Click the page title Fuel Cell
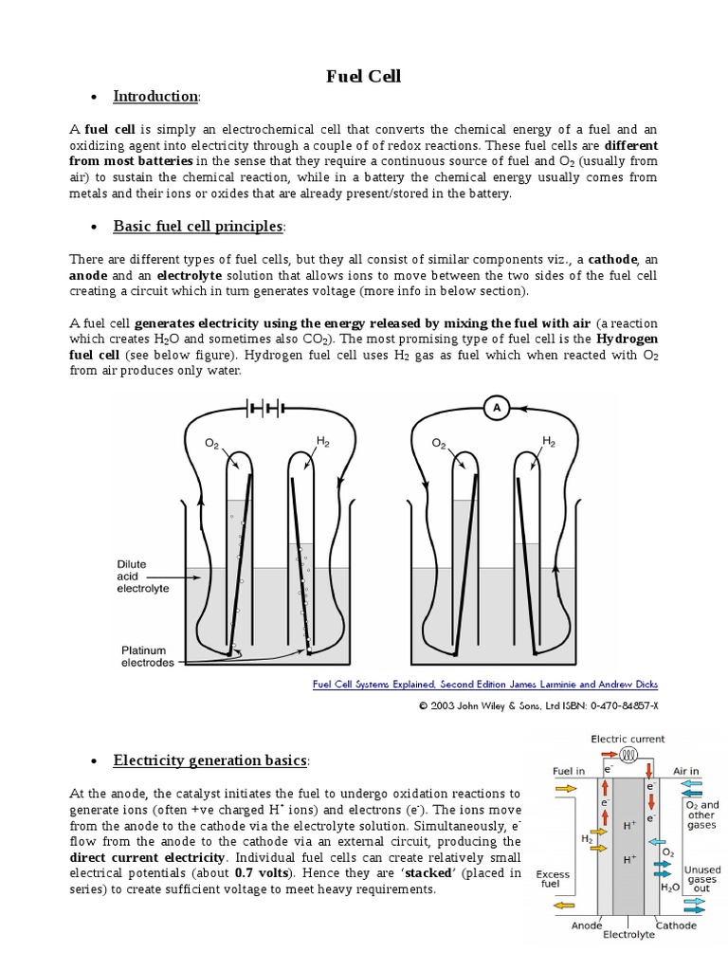pyautogui.click(x=363, y=76)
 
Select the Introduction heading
pyautogui.click(x=155, y=96)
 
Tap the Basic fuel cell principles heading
pyautogui.click(x=197, y=226)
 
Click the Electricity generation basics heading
pyautogui.click(x=209, y=760)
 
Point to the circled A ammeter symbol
pyautogui.click(x=496, y=407)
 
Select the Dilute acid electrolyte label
pyautogui.click(x=143, y=576)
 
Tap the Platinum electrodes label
pyautogui.click(x=148, y=656)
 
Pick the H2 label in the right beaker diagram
pyautogui.click(x=548, y=441)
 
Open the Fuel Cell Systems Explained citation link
pyautogui.click(x=484, y=684)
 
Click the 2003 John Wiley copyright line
pyautogui.click(x=537, y=705)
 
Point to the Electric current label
pyautogui.click(x=628, y=739)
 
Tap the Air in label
pyautogui.click(x=686, y=771)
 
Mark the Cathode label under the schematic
pyautogui.click(x=676, y=925)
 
